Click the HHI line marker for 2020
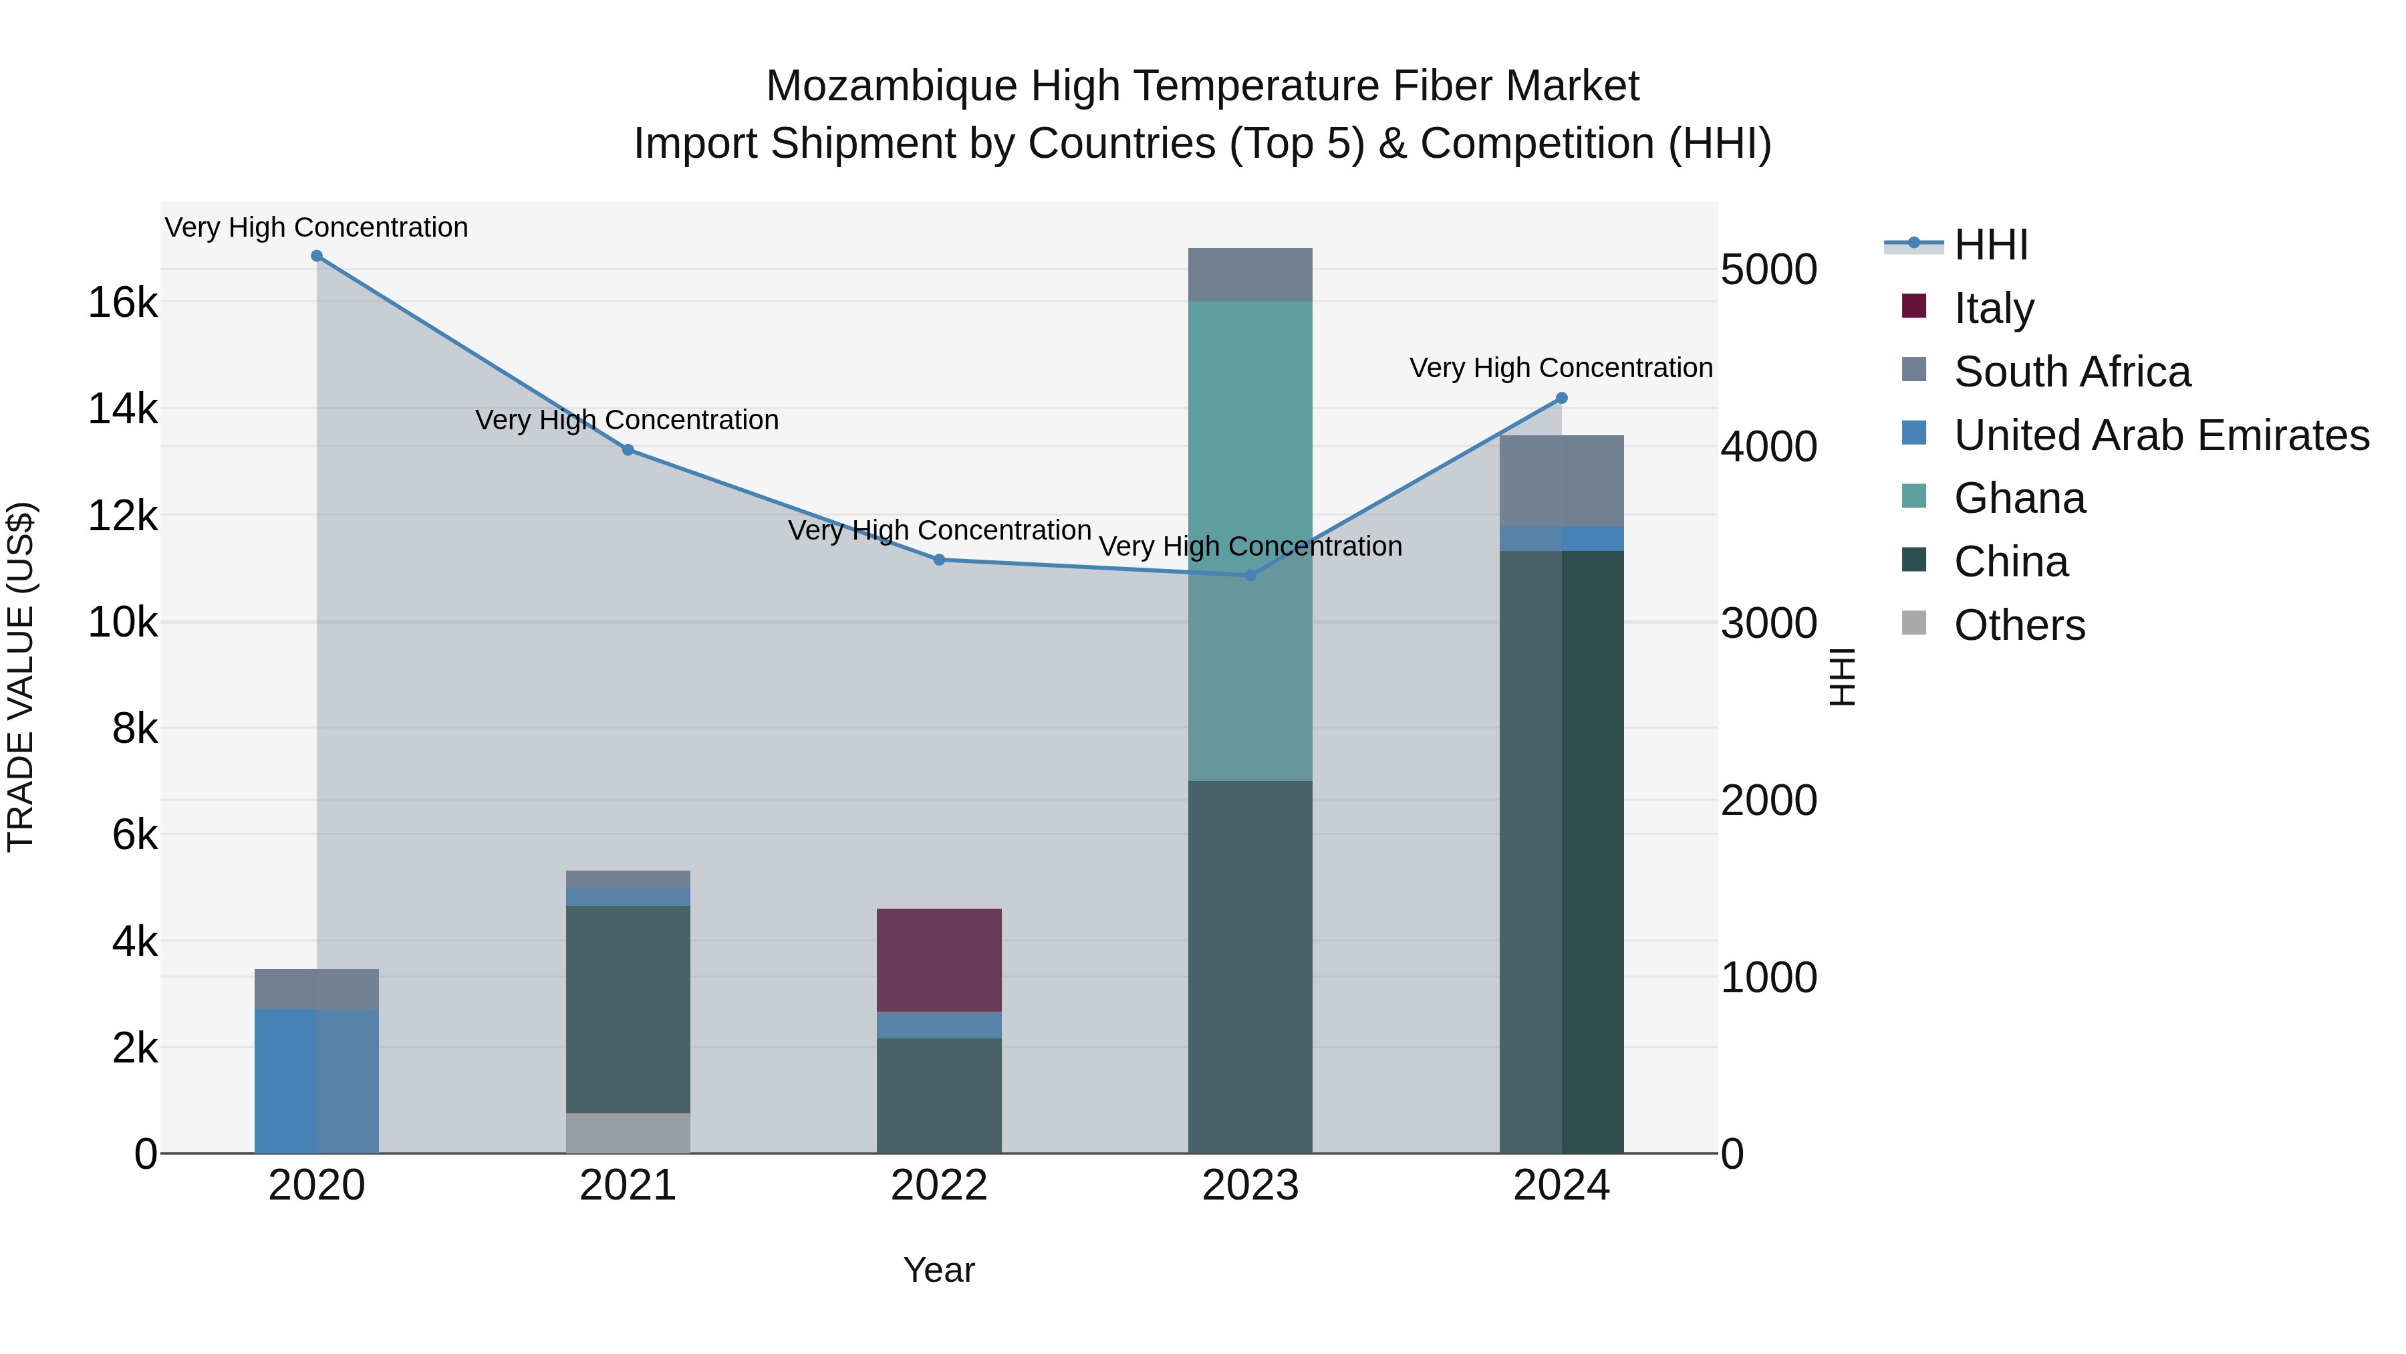[x=317, y=256]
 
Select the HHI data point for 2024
[x=1561, y=398]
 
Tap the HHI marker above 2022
[x=940, y=560]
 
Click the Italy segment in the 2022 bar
[x=939, y=960]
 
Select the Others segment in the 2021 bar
[x=628, y=1133]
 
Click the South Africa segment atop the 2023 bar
[x=1250, y=275]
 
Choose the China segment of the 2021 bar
[x=628, y=1009]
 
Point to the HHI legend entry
[x=1990, y=245]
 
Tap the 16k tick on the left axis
[x=122, y=303]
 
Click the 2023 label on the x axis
[x=1250, y=1186]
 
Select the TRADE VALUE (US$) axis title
[x=21, y=677]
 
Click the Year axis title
[x=939, y=1270]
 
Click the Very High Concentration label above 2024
[x=1561, y=368]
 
